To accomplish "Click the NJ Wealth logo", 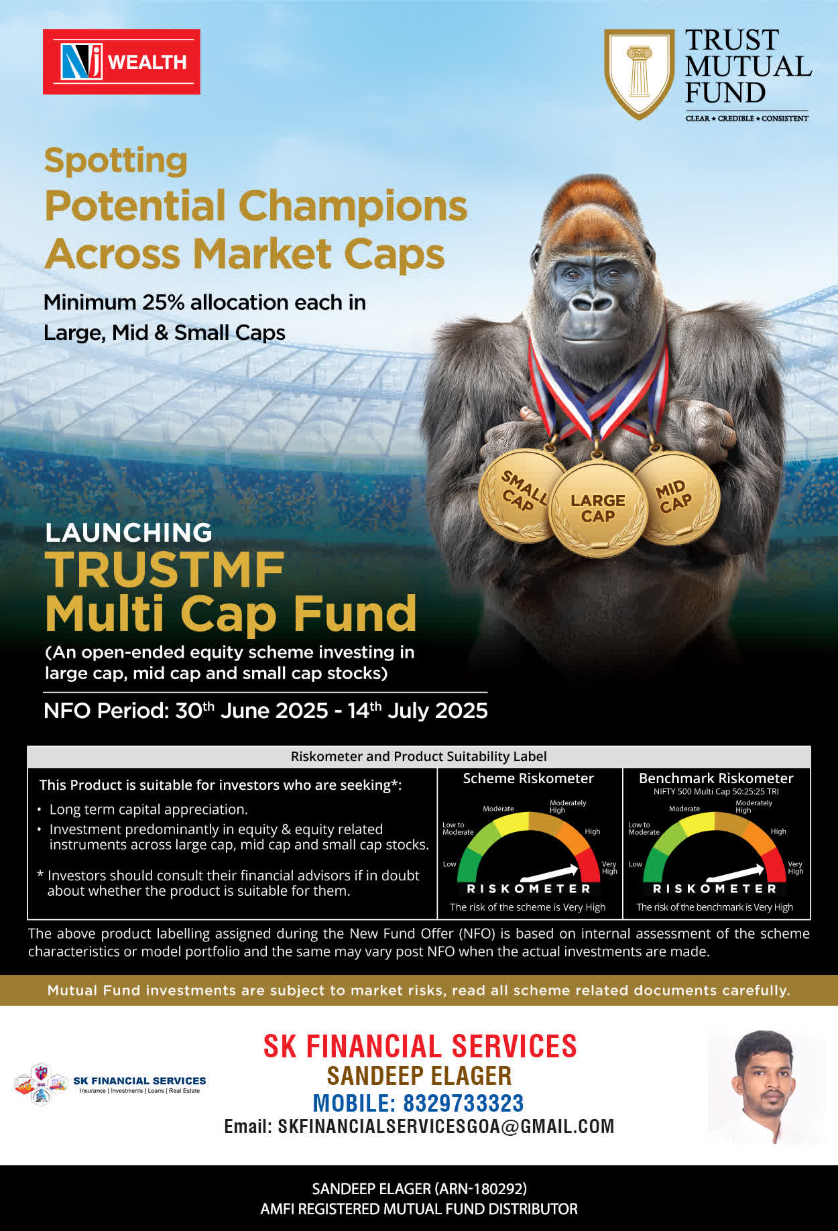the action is (121, 62).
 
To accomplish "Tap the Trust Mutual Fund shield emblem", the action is (639, 74).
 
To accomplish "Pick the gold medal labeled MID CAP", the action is (676, 497).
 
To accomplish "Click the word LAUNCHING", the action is (129, 532).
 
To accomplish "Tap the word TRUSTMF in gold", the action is (165, 570).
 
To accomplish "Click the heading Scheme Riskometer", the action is (528, 778).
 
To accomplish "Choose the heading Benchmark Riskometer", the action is (716, 778).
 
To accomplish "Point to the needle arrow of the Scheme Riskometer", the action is (549, 872).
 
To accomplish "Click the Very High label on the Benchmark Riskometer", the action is (795, 868).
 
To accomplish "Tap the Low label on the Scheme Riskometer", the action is (449, 864).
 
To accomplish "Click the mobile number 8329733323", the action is (463, 1103).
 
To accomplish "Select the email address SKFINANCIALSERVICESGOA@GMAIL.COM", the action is (446, 1126).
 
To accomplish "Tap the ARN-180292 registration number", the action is (481, 1189).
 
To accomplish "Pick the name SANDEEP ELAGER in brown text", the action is (419, 1076).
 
